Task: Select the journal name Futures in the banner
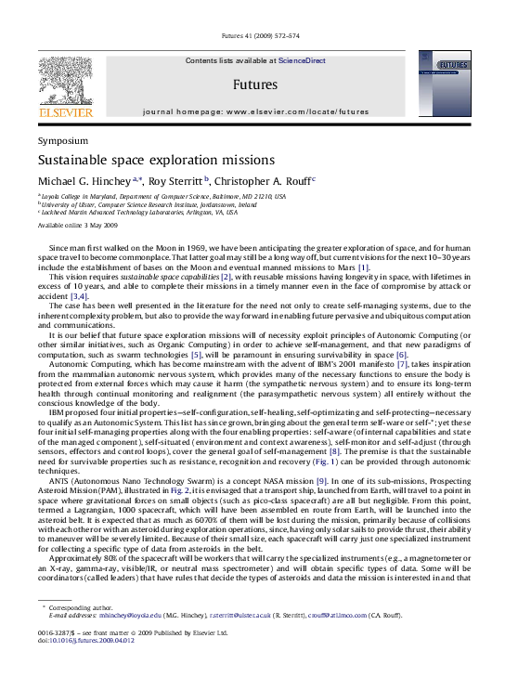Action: (x=252, y=82)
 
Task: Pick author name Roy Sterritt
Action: (x=177, y=180)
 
